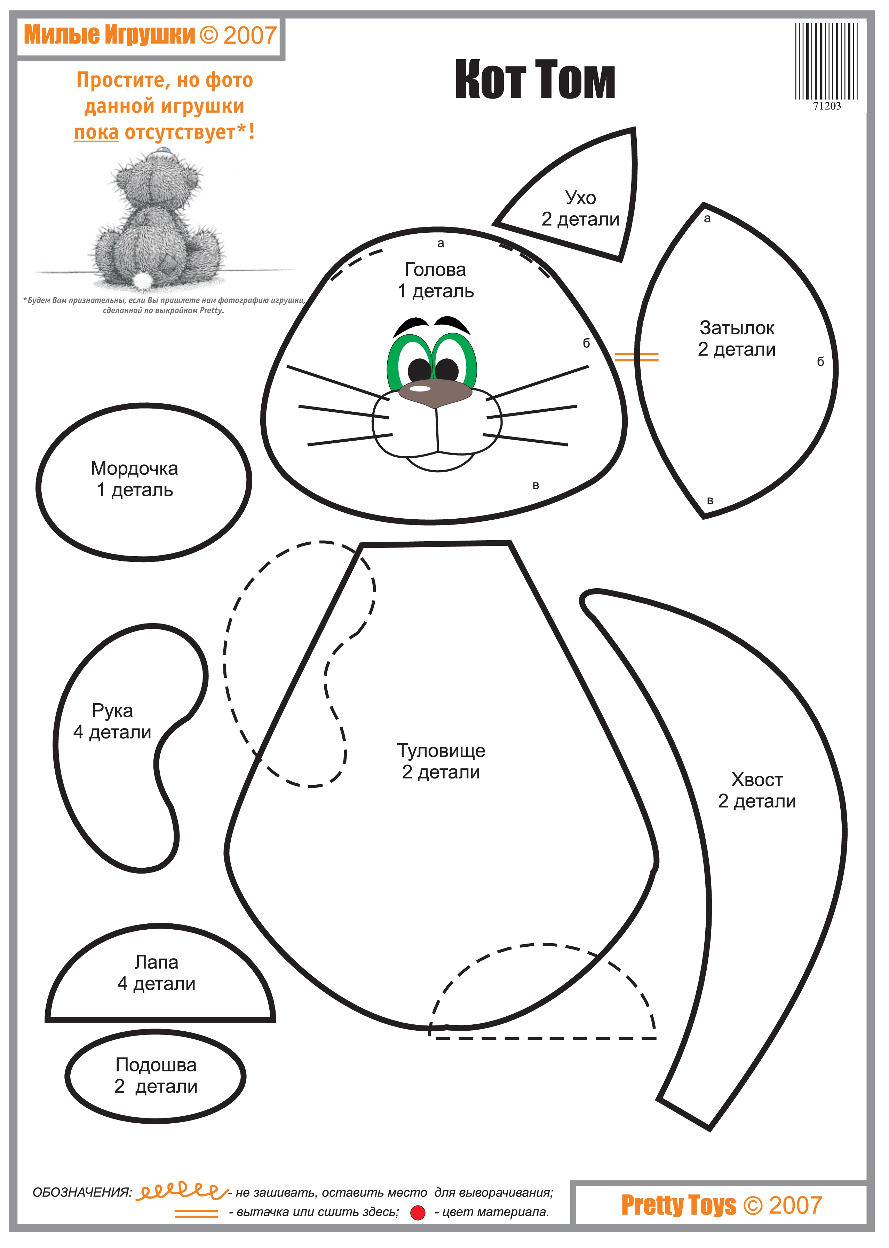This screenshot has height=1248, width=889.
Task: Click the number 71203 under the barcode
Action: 827,106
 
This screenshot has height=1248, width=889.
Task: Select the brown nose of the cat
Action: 435,393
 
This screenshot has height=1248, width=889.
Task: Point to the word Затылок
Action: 737,328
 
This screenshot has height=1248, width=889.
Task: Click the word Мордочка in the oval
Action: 135,468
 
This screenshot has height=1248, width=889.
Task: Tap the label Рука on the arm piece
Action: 112,711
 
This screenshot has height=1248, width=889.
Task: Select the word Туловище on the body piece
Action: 441,751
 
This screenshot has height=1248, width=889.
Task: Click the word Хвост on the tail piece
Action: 757,780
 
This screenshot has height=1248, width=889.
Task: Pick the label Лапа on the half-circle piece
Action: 157,962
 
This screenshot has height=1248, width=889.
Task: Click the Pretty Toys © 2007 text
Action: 722,1205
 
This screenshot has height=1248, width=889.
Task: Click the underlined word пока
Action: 96,132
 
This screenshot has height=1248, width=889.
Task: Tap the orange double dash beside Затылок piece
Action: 637,357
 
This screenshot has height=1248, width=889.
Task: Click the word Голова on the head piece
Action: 435,270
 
